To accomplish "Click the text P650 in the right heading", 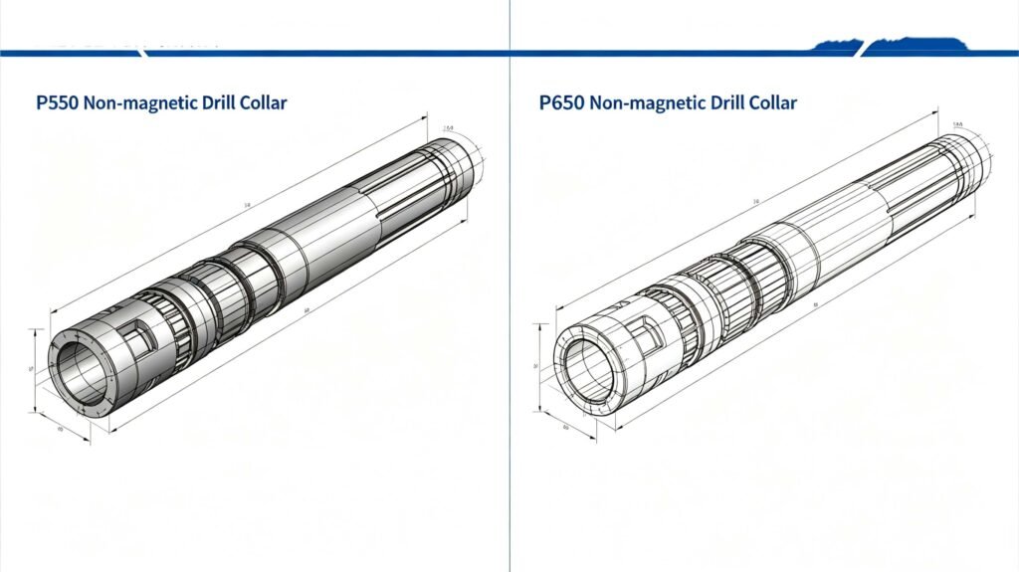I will [561, 102].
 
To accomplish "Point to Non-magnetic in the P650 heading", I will [643, 102].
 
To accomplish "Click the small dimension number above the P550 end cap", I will [448, 128].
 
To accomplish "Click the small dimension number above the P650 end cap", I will [957, 124].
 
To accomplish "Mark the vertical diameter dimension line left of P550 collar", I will [37, 369].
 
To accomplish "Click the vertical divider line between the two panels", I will [509, 298].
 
